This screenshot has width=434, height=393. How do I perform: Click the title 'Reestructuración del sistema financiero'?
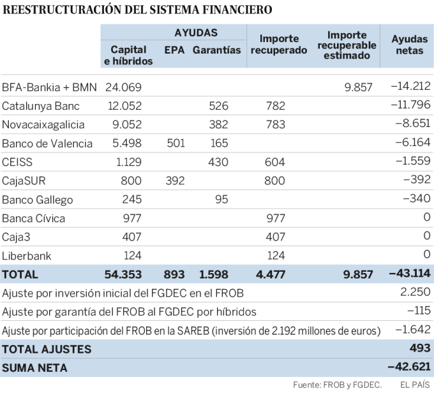point(137,10)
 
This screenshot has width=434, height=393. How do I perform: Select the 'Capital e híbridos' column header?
point(128,56)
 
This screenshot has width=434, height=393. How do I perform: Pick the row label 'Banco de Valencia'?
point(47,144)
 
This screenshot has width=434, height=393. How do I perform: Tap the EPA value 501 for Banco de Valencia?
point(175,144)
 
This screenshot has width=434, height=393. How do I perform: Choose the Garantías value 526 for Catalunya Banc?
point(218,106)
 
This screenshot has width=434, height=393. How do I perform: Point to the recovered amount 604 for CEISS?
point(275,162)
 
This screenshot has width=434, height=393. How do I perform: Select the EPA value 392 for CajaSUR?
point(175,181)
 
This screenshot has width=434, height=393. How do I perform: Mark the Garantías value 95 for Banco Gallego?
point(221,200)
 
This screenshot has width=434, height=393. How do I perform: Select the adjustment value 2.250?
point(415,293)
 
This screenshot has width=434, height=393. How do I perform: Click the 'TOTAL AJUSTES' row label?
point(47,350)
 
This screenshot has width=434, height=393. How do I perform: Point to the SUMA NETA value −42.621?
point(409,368)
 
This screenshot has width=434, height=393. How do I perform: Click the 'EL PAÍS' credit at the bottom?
point(415,385)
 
